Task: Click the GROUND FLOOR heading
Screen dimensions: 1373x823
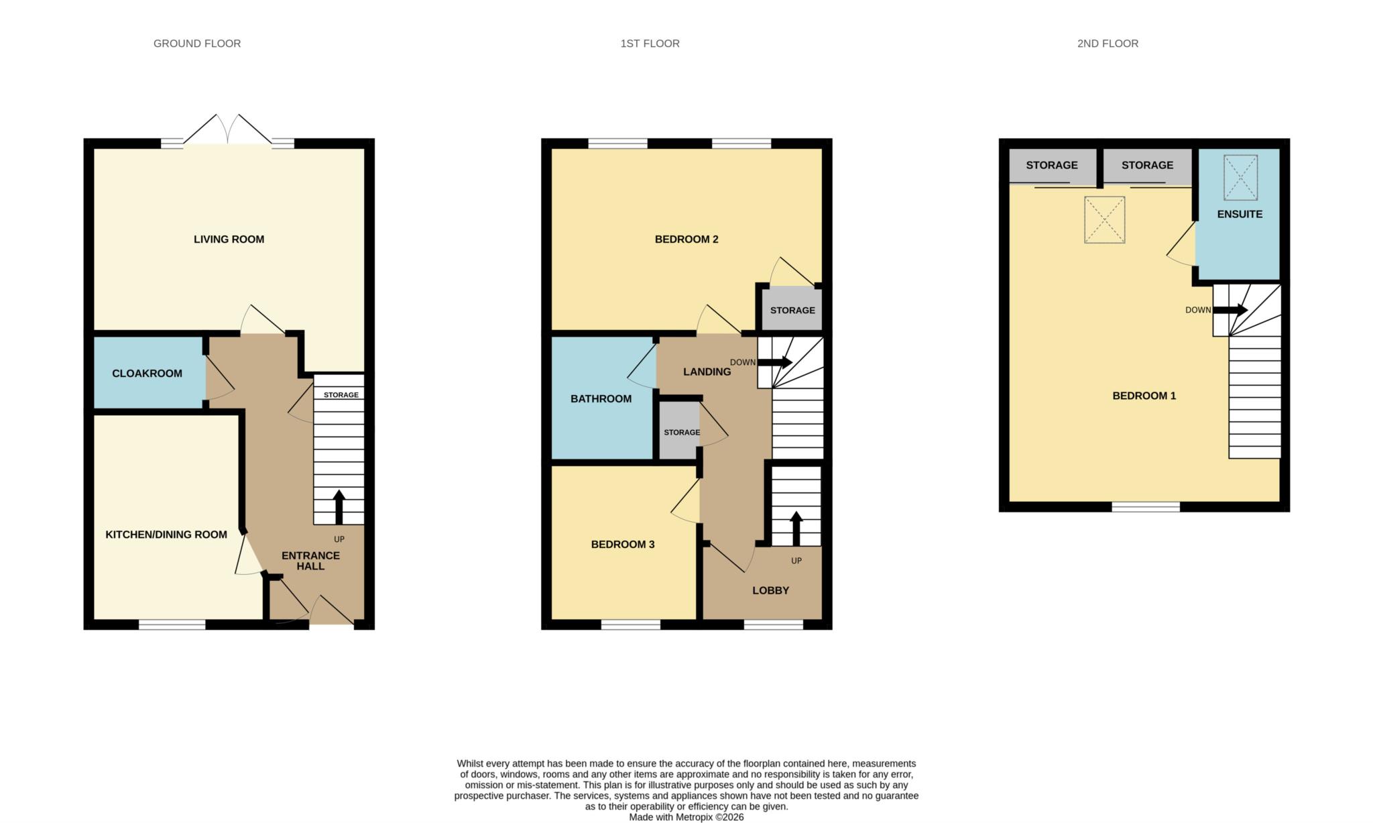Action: tap(197, 44)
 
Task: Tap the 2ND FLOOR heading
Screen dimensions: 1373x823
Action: tap(1108, 44)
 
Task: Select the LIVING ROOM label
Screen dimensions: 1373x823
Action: tap(229, 239)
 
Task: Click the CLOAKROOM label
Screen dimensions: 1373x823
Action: tap(147, 374)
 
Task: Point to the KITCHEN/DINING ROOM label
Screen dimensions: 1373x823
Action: tap(166, 535)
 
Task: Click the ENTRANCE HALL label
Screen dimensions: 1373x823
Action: tap(310, 561)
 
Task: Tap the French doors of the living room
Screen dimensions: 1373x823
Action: tap(228, 129)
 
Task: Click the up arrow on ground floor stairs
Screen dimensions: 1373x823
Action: tap(339, 507)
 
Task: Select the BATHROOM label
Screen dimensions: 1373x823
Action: tap(601, 399)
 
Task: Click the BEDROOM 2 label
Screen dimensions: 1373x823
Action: tap(686, 239)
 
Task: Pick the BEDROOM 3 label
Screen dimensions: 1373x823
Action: tap(623, 545)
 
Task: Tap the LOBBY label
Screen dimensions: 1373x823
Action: tap(770, 591)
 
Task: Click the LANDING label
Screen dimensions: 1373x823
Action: tap(707, 372)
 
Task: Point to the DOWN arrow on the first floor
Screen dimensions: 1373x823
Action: tap(775, 363)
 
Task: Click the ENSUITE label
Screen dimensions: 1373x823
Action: tap(1240, 215)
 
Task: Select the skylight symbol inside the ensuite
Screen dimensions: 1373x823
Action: tap(1240, 178)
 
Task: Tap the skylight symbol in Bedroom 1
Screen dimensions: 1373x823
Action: tap(1104, 219)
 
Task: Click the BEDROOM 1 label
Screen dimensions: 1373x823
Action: tap(1144, 396)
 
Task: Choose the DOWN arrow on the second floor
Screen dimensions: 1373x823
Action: tap(1230, 311)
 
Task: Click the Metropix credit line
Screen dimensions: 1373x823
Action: tap(686, 818)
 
